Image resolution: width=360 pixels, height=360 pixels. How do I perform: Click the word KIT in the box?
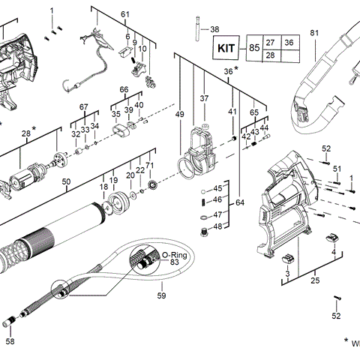(x=226, y=48)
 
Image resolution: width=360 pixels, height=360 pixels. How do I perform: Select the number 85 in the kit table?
(x=254, y=49)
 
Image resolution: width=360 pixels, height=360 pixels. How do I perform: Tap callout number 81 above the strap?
(x=314, y=33)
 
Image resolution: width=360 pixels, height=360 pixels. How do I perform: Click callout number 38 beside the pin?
(x=215, y=29)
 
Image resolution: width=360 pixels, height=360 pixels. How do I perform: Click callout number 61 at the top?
(x=125, y=15)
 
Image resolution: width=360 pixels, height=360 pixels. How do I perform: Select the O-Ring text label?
(x=174, y=255)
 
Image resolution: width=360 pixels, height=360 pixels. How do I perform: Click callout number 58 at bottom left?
(x=10, y=341)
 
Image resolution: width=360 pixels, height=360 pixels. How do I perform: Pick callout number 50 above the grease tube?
(x=66, y=181)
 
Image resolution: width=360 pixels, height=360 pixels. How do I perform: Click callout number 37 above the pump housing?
(x=203, y=98)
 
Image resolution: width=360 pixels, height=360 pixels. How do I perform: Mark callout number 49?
(x=179, y=113)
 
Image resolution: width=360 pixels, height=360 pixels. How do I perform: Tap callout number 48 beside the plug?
(x=217, y=226)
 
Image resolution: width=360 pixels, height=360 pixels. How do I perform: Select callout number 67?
(x=84, y=107)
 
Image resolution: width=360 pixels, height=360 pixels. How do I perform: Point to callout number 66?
(x=125, y=90)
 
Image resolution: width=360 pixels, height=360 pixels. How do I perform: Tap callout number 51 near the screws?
(x=337, y=169)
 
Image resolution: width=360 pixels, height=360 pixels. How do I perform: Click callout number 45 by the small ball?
(x=217, y=187)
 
